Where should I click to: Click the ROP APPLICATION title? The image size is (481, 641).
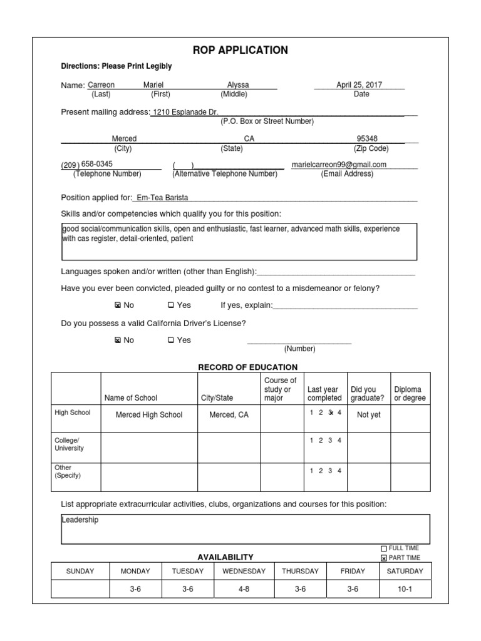(x=240, y=50)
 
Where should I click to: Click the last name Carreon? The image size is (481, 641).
(x=101, y=85)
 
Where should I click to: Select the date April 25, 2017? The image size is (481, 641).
(x=359, y=85)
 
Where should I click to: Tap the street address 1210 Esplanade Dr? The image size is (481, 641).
(x=185, y=112)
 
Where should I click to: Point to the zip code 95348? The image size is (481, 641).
(x=367, y=139)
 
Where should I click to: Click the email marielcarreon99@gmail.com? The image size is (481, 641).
(x=339, y=165)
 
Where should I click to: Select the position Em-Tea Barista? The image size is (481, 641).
(x=162, y=198)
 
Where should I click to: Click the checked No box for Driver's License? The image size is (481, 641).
(x=117, y=341)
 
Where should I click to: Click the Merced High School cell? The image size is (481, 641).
(x=149, y=415)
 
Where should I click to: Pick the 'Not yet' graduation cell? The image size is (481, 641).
(x=368, y=415)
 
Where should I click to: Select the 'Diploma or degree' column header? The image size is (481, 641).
(x=409, y=394)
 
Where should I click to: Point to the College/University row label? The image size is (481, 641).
(x=69, y=444)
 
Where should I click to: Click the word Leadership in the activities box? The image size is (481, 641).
(x=80, y=520)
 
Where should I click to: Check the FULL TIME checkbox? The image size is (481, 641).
(x=384, y=548)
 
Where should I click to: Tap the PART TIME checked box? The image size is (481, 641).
(x=384, y=558)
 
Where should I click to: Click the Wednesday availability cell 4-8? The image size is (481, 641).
(x=244, y=590)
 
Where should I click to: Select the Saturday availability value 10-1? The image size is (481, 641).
(x=405, y=590)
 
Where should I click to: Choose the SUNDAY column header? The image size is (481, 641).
(x=80, y=571)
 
